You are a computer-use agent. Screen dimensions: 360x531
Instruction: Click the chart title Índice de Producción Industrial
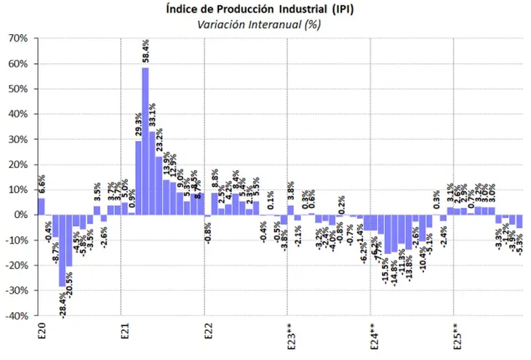(x=265, y=9)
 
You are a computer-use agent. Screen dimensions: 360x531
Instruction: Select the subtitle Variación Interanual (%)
(x=265, y=23)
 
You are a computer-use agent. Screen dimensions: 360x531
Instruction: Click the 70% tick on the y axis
(x=18, y=39)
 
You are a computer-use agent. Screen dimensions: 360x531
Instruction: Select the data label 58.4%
(x=145, y=53)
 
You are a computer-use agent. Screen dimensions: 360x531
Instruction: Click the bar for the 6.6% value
(x=41, y=207)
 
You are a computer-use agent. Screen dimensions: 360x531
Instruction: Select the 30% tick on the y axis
(x=18, y=140)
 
